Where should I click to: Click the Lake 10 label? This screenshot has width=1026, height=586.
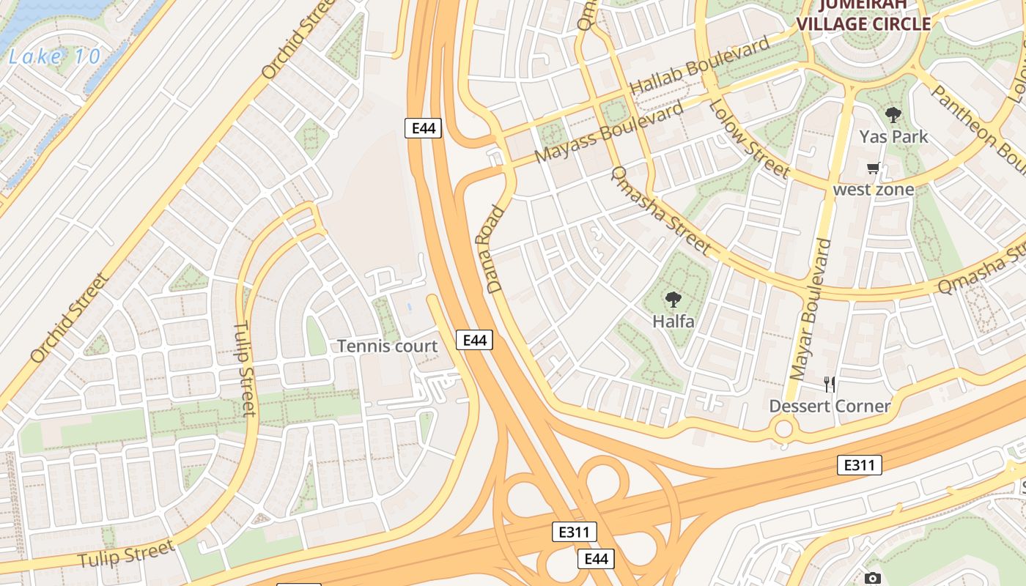pos(55,57)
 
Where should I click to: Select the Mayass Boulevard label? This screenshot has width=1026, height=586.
pos(610,132)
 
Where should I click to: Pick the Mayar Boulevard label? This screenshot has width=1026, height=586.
pos(813,308)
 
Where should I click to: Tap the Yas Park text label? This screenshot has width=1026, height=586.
pos(893,136)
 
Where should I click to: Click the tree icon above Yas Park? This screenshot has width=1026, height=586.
pos(893,115)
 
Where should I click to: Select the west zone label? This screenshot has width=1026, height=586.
pos(874,190)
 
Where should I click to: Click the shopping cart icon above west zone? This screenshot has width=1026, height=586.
pos(873,168)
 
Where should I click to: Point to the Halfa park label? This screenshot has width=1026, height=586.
pos(673,321)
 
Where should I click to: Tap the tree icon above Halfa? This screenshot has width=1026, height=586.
pos(673,300)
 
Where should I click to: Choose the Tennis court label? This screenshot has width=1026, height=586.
pos(387,346)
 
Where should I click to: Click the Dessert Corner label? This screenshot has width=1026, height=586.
pos(830,406)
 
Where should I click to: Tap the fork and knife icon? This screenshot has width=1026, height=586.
pos(830,385)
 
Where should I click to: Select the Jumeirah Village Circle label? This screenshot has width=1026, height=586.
pos(863,15)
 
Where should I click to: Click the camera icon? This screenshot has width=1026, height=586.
pos(872,579)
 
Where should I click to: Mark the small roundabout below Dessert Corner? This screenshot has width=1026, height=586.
pos(783,429)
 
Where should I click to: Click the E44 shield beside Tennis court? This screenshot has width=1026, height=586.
pos(475,340)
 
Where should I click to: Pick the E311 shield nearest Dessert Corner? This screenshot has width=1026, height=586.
pos(860,464)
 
